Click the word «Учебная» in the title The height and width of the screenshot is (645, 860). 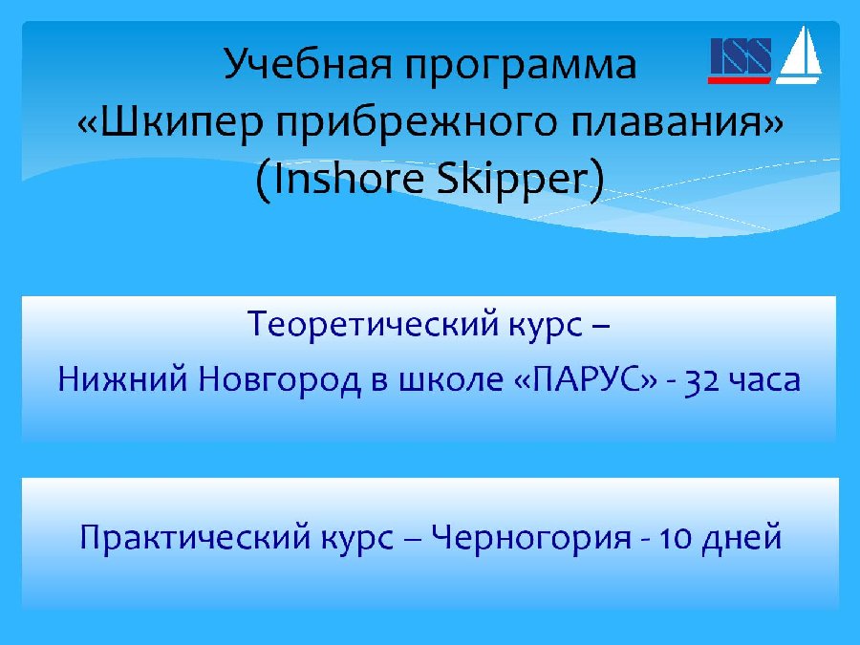tap(309, 65)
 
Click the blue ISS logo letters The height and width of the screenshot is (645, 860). tap(741, 55)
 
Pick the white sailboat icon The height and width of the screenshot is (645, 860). tap(799, 56)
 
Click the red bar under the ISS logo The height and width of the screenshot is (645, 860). tap(739, 80)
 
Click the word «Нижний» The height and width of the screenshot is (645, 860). tap(123, 378)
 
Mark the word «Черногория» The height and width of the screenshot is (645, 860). tap(531, 538)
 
